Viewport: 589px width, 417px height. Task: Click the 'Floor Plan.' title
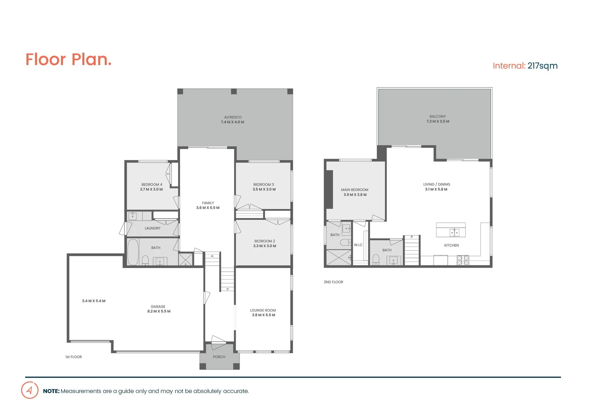[x=68, y=59]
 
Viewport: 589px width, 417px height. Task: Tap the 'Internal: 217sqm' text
[x=525, y=66]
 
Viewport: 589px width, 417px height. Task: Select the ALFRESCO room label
[x=233, y=117]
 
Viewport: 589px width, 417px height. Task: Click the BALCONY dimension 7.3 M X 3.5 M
[x=437, y=121]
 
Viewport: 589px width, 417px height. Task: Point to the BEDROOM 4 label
[x=152, y=185]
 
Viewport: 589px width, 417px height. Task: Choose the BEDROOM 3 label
[x=263, y=185]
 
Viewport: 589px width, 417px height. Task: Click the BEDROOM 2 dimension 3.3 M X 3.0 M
[x=265, y=246]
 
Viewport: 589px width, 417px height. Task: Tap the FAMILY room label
[x=208, y=203]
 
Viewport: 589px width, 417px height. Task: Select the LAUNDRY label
[x=152, y=228]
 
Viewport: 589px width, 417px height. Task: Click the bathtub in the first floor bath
[x=133, y=252]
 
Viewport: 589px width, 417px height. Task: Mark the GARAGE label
[x=158, y=307]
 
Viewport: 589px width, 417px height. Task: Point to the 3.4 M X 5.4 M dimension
[x=94, y=301]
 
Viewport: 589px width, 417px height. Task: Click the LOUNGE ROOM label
[x=263, y=310]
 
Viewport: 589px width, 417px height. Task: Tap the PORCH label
[x=219, y=357]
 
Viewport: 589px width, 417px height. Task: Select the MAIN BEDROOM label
[x=354, y=190]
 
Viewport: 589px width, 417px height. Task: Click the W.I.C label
[x=358, y=245]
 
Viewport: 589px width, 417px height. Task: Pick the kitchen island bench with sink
[x=451, y=230]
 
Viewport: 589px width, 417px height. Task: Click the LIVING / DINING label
[x=436, y=184]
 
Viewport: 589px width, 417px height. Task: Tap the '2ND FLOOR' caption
[x=333, y=282]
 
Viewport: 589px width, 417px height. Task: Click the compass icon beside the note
[x=30, y=390]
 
